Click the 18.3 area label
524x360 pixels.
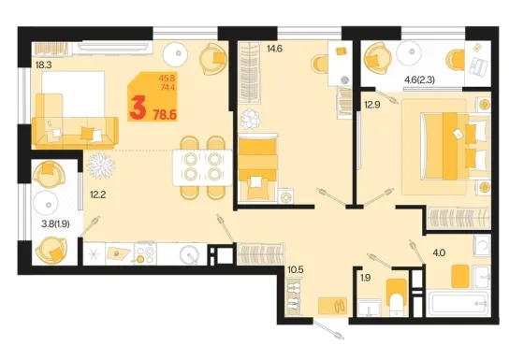click(43, 65)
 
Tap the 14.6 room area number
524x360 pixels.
click(274, 49)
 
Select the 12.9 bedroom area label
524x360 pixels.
click(372, 105)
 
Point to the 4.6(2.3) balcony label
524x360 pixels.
click(419, 79)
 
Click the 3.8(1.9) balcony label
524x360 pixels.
click(55, 223)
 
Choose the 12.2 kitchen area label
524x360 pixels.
click(98, 194)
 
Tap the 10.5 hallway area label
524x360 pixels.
click(296, 269)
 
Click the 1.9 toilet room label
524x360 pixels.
click(366, 278)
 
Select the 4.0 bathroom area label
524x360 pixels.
click(439, 252)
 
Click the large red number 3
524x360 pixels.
click(138, 107)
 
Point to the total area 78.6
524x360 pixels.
click(165, 115)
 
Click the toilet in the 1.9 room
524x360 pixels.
click(397, 297)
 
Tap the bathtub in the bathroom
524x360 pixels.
click(459, 304)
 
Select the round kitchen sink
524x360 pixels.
click(190, 254)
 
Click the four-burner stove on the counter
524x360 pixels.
click(146, 253)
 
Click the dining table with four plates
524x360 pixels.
click(202, 167)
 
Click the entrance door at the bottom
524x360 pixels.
click(329, 329)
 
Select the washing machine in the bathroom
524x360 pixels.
click(482, 246)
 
